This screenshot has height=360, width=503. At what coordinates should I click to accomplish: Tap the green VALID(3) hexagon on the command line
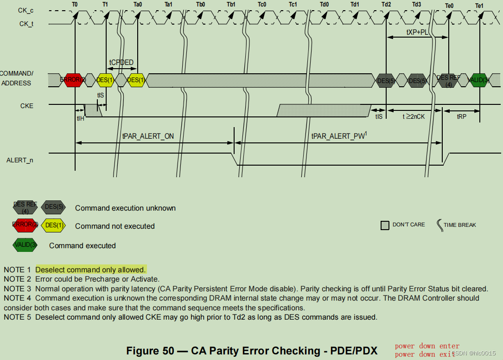479,80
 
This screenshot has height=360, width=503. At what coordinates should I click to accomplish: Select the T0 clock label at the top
75,4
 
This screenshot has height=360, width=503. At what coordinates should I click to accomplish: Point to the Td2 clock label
386,4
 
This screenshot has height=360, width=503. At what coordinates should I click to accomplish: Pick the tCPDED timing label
121,62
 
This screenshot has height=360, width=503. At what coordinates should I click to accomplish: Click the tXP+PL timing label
417,32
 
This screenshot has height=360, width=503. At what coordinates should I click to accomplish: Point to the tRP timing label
461,116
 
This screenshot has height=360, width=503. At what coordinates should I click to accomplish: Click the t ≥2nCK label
414,116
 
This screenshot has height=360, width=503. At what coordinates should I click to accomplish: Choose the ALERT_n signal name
19,160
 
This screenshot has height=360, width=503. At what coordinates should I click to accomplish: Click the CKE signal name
27,106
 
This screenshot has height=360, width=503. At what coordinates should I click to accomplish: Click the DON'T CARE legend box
385,225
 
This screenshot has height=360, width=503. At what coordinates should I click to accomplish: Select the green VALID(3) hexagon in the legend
25,245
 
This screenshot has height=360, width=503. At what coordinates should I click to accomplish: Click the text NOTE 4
17,298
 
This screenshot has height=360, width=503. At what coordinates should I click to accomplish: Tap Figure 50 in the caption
152,351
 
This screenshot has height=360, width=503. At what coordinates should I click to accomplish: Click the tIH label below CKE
81,118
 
